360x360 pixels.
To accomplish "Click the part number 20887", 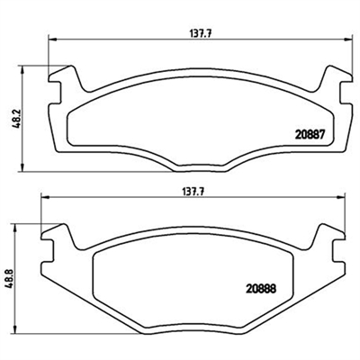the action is point(310,135).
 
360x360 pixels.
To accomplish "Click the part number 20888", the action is point(261,289).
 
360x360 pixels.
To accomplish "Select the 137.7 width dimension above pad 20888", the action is point(193,192).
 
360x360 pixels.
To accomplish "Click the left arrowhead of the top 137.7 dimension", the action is point(52,39).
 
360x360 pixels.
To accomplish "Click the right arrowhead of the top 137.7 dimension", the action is point(348,39).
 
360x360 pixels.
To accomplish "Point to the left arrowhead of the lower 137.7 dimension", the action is point(45,197).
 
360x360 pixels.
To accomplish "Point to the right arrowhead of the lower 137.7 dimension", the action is point(341,197).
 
